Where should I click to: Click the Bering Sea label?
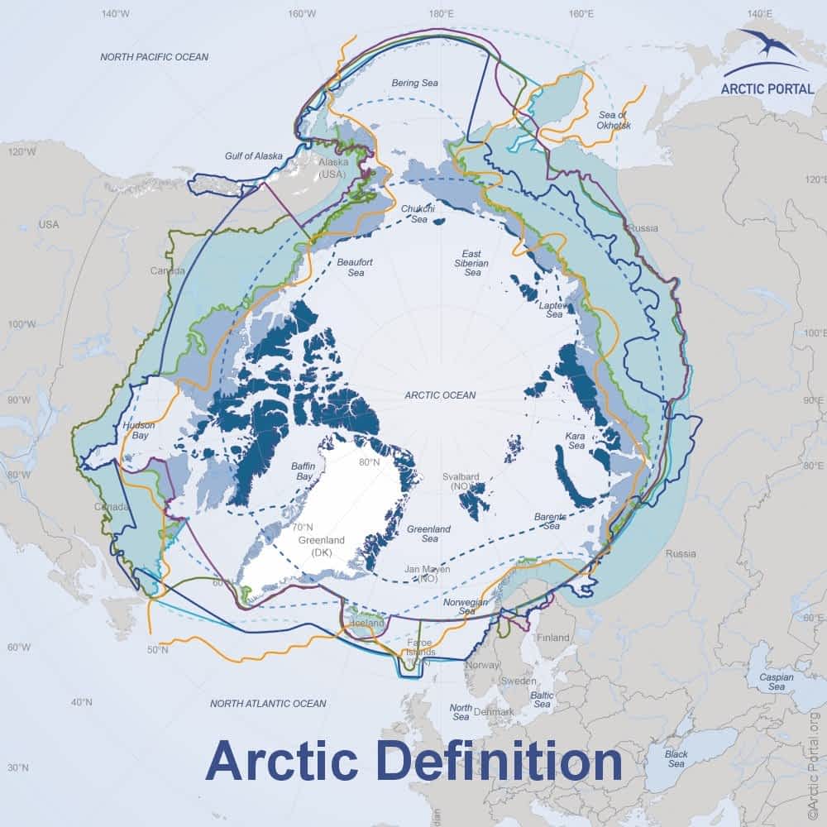413,83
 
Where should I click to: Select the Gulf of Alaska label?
254,155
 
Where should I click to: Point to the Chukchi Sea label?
413,214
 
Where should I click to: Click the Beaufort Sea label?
356,267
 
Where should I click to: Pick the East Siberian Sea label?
472,262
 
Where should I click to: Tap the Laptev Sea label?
551,309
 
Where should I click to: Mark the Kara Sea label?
575,440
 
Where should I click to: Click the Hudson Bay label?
138,431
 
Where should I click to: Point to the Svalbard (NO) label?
461,482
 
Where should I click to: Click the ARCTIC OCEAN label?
440,395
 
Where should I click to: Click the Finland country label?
553,638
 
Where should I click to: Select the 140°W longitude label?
116,14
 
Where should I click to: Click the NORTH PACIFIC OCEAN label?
154,57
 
